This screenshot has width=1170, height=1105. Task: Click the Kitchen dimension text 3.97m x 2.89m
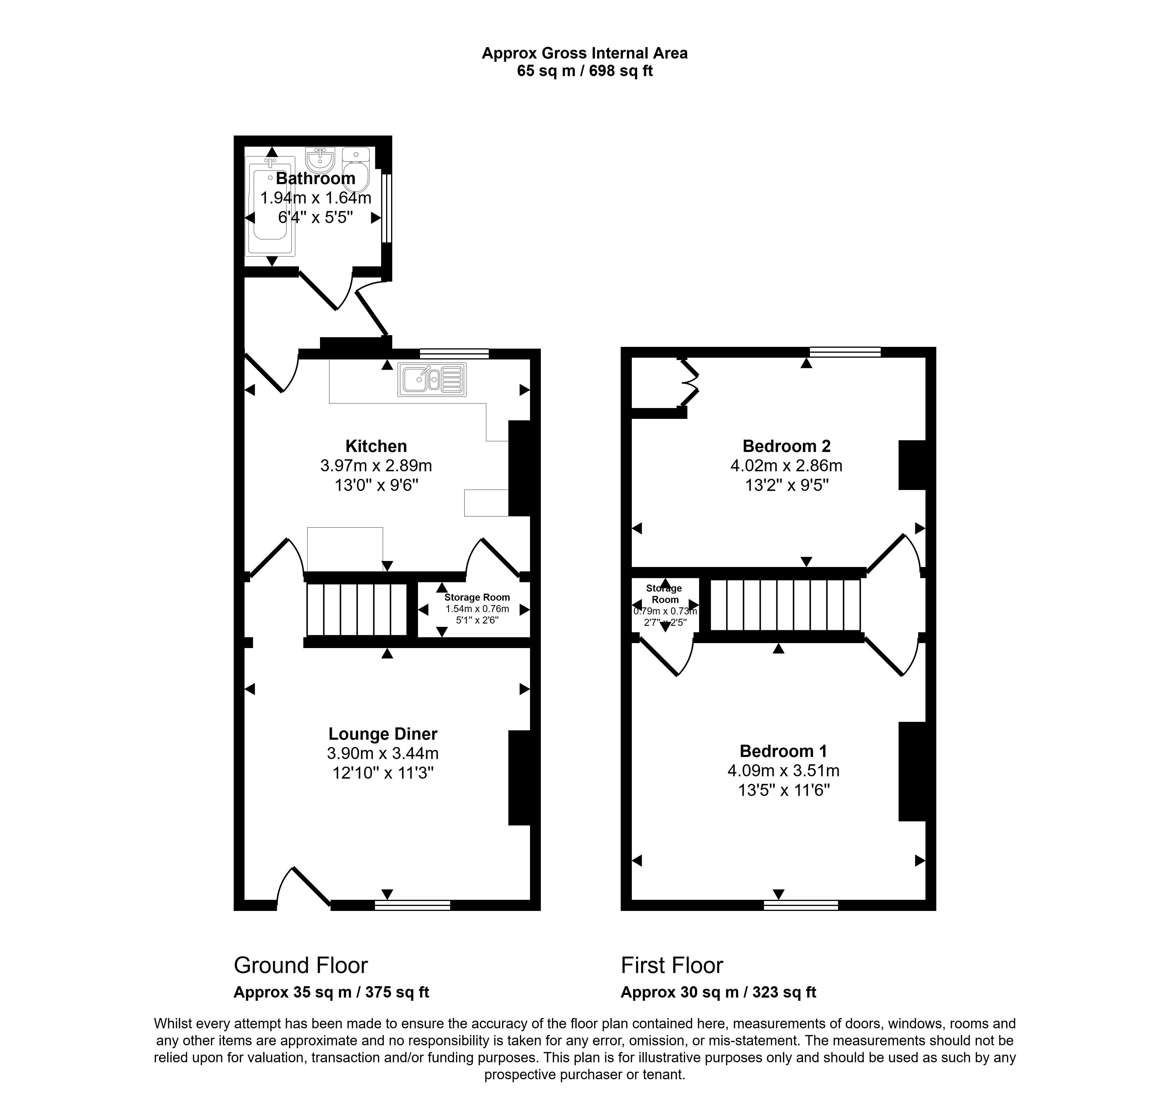click(376, 466)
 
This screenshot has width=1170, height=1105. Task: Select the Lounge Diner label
click(383, 734)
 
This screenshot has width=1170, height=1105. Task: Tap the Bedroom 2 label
click(787, 446)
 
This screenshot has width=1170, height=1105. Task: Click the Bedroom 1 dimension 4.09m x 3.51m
click(783, 770)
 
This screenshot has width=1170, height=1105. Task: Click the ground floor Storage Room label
click(477, 597)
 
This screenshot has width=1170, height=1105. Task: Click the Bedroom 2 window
click(845, 352)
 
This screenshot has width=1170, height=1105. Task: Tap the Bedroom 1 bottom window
click(801, 905)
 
